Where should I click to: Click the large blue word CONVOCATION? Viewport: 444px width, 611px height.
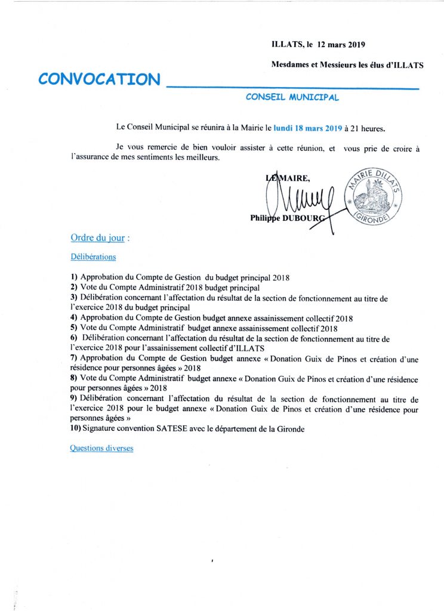point(100,79)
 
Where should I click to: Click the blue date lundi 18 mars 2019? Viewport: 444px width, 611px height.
point(309,128)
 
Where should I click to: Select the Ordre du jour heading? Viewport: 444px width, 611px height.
point(98,237)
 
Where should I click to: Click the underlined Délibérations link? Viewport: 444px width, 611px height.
point(93,257)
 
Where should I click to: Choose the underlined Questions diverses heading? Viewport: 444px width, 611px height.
point(101,448)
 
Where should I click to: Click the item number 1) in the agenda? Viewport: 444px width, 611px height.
point(74,277)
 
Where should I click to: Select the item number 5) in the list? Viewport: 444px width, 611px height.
point(74,328)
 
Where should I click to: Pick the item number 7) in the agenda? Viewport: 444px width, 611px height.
point(74,358)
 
